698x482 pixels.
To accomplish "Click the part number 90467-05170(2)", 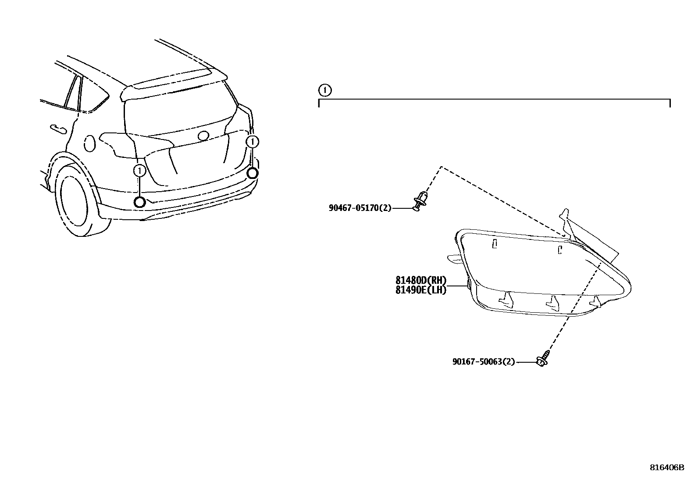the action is (x=360, y=208).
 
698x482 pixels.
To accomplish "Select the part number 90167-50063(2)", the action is (x=484, y=362).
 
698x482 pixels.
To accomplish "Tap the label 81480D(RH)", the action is (x=420, y=281).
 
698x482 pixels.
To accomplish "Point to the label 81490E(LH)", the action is (x=420, y=290).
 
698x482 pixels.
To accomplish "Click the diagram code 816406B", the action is (x=666, y=468).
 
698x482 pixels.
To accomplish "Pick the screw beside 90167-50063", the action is (x=543, y=359).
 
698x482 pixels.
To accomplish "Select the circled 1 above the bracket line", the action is (x=324, y=91).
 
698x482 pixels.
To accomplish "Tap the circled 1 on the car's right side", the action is (x=253, y=142).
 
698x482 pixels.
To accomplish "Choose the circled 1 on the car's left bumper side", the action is (x=139, y=171).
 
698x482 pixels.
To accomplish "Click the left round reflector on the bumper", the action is (x=140, y=202).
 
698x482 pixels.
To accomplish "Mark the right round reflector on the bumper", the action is (x=252, y=174).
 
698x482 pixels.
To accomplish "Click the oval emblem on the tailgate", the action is (x=203, y=136).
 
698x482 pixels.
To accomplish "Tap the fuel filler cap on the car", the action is (x=89, y=143).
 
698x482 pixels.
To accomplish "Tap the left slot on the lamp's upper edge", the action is (x=494, y=244).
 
